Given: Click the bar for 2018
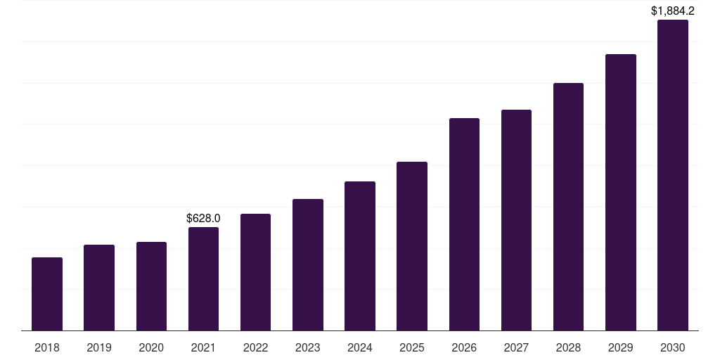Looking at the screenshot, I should click(x=47, y=294).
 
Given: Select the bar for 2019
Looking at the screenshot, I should click(x=99, y=288).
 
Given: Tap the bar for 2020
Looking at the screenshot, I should click(x=151, y=286).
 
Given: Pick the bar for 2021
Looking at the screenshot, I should click(x=203, y=278).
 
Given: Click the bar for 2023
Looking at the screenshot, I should click(x=308, y=264).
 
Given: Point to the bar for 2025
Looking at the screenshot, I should click(x=412, y=246).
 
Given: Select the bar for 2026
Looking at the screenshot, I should click(x=464, y=224).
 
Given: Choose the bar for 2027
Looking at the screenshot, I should click(x=516, y=220).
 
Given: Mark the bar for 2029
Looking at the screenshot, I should click(x=621, y=192).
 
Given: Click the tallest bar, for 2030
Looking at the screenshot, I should click(x=673, y=175).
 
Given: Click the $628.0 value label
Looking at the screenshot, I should click(x=203, y=219).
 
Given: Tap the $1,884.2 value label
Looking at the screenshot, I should click(x=673, y=11).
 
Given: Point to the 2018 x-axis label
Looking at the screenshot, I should click(x=47, y=347).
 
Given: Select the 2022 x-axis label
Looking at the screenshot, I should click(x=256, y=347).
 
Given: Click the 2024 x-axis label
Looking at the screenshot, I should click(x=360, y=347).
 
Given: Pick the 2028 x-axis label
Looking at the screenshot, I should click(x=568, y=347).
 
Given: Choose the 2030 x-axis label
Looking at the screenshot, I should click(x=673, y=347).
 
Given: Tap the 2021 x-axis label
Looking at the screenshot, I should click(x=203, y=347).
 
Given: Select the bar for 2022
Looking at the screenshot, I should click(x=256, y=272).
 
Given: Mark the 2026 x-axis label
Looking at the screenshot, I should click(x=464, y=347).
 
